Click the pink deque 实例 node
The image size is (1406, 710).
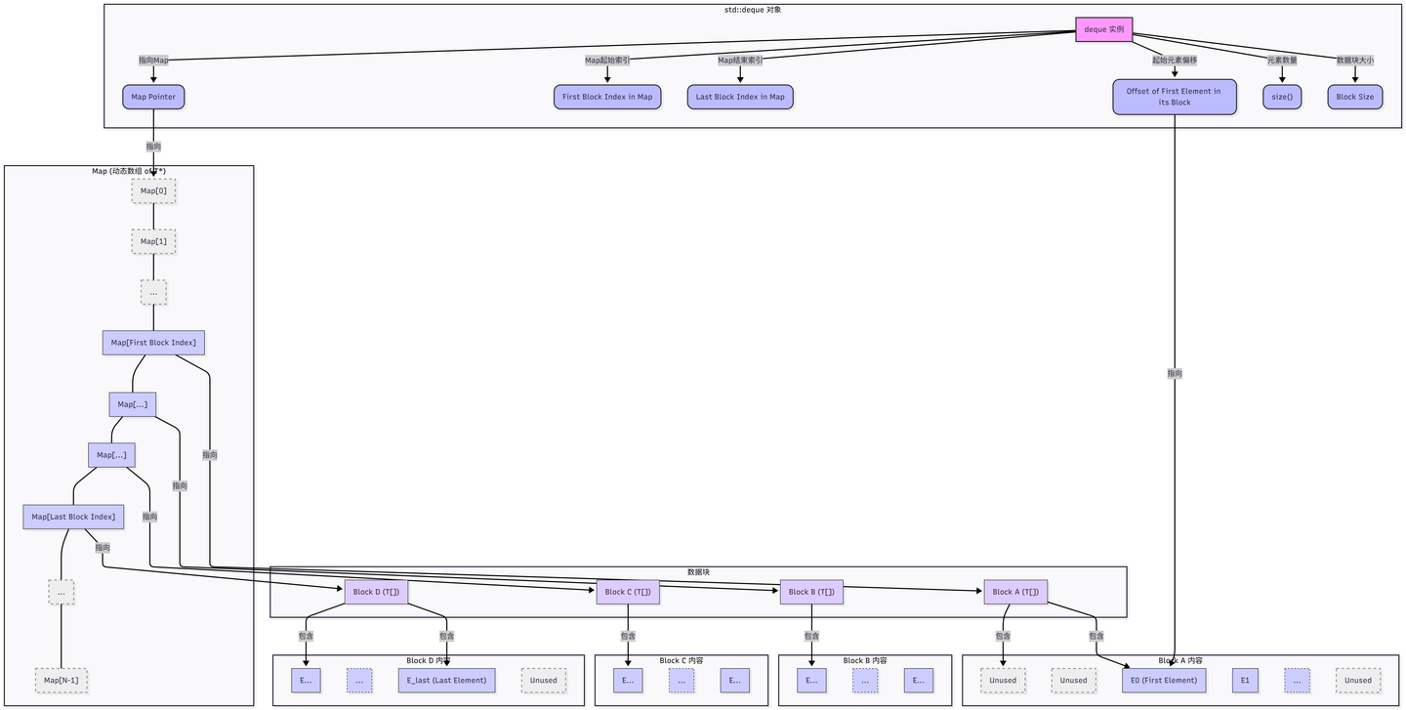[x=1103, y=29]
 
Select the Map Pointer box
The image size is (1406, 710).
[x=153, y=97]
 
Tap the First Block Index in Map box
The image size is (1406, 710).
[x=607, y=97]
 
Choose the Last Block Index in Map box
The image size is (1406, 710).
[x=740, y=97]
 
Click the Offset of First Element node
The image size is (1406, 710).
[x=1174, y=97]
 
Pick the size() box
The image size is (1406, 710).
[x=1281, y=97]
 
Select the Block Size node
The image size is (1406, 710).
[x=1354, y=97]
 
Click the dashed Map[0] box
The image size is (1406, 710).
[x=153, y=190]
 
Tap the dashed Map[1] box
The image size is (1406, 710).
[x=153, y=241]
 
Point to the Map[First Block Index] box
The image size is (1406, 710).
[x=153, y=343]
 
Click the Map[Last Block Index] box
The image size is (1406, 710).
[x=73, y=517]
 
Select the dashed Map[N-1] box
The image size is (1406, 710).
[x=61, y=681]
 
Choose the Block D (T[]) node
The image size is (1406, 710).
[x=376, y=592]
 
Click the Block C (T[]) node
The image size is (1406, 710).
[x=628, y=592]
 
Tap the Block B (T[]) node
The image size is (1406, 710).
[x=811, y=592]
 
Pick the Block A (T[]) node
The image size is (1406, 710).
[x=1015, y=592]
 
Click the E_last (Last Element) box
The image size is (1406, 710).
[x=446, y=681]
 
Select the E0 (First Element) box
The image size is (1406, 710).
[x=1164, y=681]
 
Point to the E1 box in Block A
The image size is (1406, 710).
[x=1245, y=681]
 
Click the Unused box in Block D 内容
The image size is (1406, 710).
[x=544, y=681]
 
